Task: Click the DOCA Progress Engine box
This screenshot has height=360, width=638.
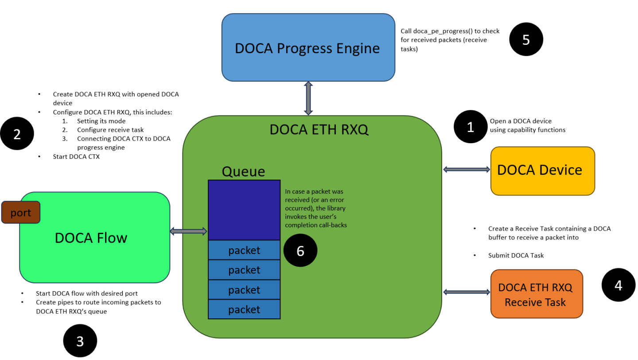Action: tap(307, 47)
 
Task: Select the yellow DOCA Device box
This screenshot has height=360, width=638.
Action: tap(542, 171)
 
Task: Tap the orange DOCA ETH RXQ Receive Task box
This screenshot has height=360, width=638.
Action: tap(536, 293)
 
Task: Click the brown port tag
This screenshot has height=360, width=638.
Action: tap(21, 213)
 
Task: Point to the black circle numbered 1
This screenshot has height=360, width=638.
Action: tap(470, 127)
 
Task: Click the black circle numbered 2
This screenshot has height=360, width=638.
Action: tap(17, 134)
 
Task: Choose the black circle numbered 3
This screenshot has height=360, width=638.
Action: tap(80, 341)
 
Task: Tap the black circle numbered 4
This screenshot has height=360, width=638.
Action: tap(618, 285)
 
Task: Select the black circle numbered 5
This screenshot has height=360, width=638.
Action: tap(525, 40)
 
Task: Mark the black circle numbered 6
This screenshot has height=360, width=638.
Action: tap(300, 251)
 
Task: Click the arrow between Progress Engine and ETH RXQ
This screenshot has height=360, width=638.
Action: tap(308, 98)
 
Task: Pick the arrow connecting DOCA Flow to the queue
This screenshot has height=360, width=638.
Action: tap(189, 231)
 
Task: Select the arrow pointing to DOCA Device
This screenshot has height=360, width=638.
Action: tap(466, 169)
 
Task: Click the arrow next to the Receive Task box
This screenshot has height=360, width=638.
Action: tap(466, 292)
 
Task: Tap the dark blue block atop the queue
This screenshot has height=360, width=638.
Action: tap(244, 210)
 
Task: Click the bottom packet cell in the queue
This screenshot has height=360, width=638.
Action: tap(244, 309)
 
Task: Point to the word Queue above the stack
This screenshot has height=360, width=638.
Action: tap(243, 171)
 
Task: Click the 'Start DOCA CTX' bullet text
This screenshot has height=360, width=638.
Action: tap(76, 157)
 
